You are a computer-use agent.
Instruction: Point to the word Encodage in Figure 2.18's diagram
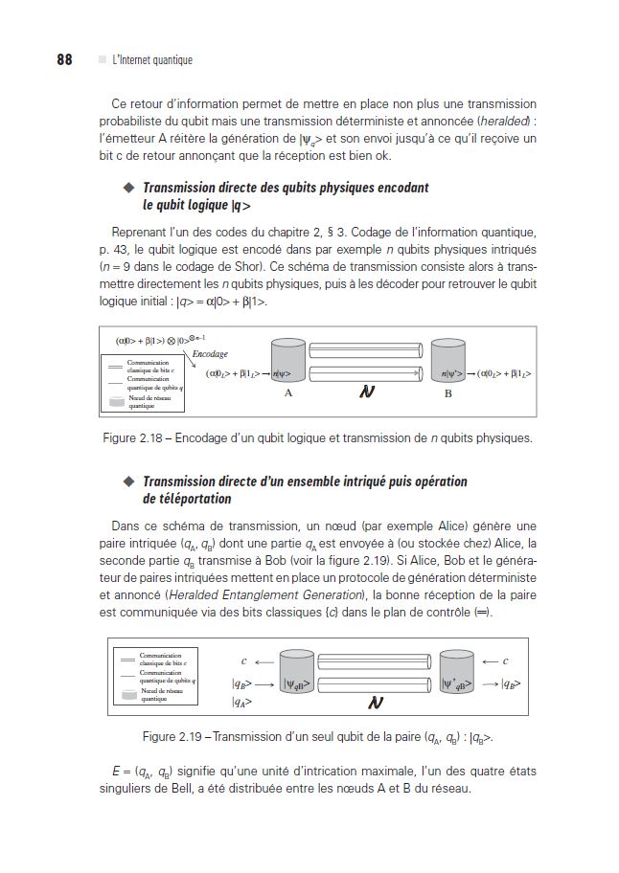[210, 353]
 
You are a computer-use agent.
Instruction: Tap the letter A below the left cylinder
[287, 393]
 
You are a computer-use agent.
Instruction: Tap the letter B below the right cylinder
[447, 393]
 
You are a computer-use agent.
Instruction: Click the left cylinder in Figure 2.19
[297, 674]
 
